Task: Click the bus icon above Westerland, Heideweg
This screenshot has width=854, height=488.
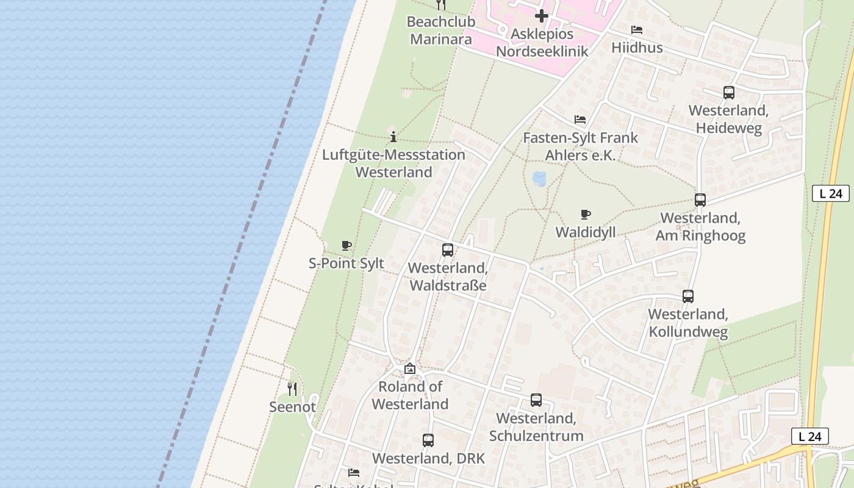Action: [728, 93]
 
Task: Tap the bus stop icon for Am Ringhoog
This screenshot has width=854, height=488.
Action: [700, 200]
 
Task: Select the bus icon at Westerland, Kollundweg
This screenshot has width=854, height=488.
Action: [688, 296]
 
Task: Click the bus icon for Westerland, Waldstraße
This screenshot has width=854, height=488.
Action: [448, 250]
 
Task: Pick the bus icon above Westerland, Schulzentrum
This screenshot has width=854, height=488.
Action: [536, 400]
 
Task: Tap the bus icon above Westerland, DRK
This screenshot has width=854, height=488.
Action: [428, 440]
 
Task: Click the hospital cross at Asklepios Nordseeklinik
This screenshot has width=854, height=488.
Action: [541, 16]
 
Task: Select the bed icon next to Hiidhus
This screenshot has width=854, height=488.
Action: [637, 30]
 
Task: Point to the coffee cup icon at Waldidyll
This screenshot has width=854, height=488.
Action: [586, 214]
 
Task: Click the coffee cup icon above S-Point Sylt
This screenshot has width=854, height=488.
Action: [346, 246]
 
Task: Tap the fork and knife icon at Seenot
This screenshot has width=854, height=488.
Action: [292, 389]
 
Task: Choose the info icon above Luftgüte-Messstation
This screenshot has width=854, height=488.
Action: [393, 137]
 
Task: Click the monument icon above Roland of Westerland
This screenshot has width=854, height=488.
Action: [410, 368]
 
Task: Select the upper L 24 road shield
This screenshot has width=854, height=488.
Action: [831, 193]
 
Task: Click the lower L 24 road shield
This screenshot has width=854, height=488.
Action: [809, 436]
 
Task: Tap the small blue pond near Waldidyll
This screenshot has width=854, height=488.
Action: [539, 178]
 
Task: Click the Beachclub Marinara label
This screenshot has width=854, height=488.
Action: [440, 30]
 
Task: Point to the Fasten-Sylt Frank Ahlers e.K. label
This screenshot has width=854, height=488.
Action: [580, 146]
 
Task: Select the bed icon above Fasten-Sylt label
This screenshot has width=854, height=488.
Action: [580, 120]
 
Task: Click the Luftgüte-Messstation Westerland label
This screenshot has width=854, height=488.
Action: [393, 163]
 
